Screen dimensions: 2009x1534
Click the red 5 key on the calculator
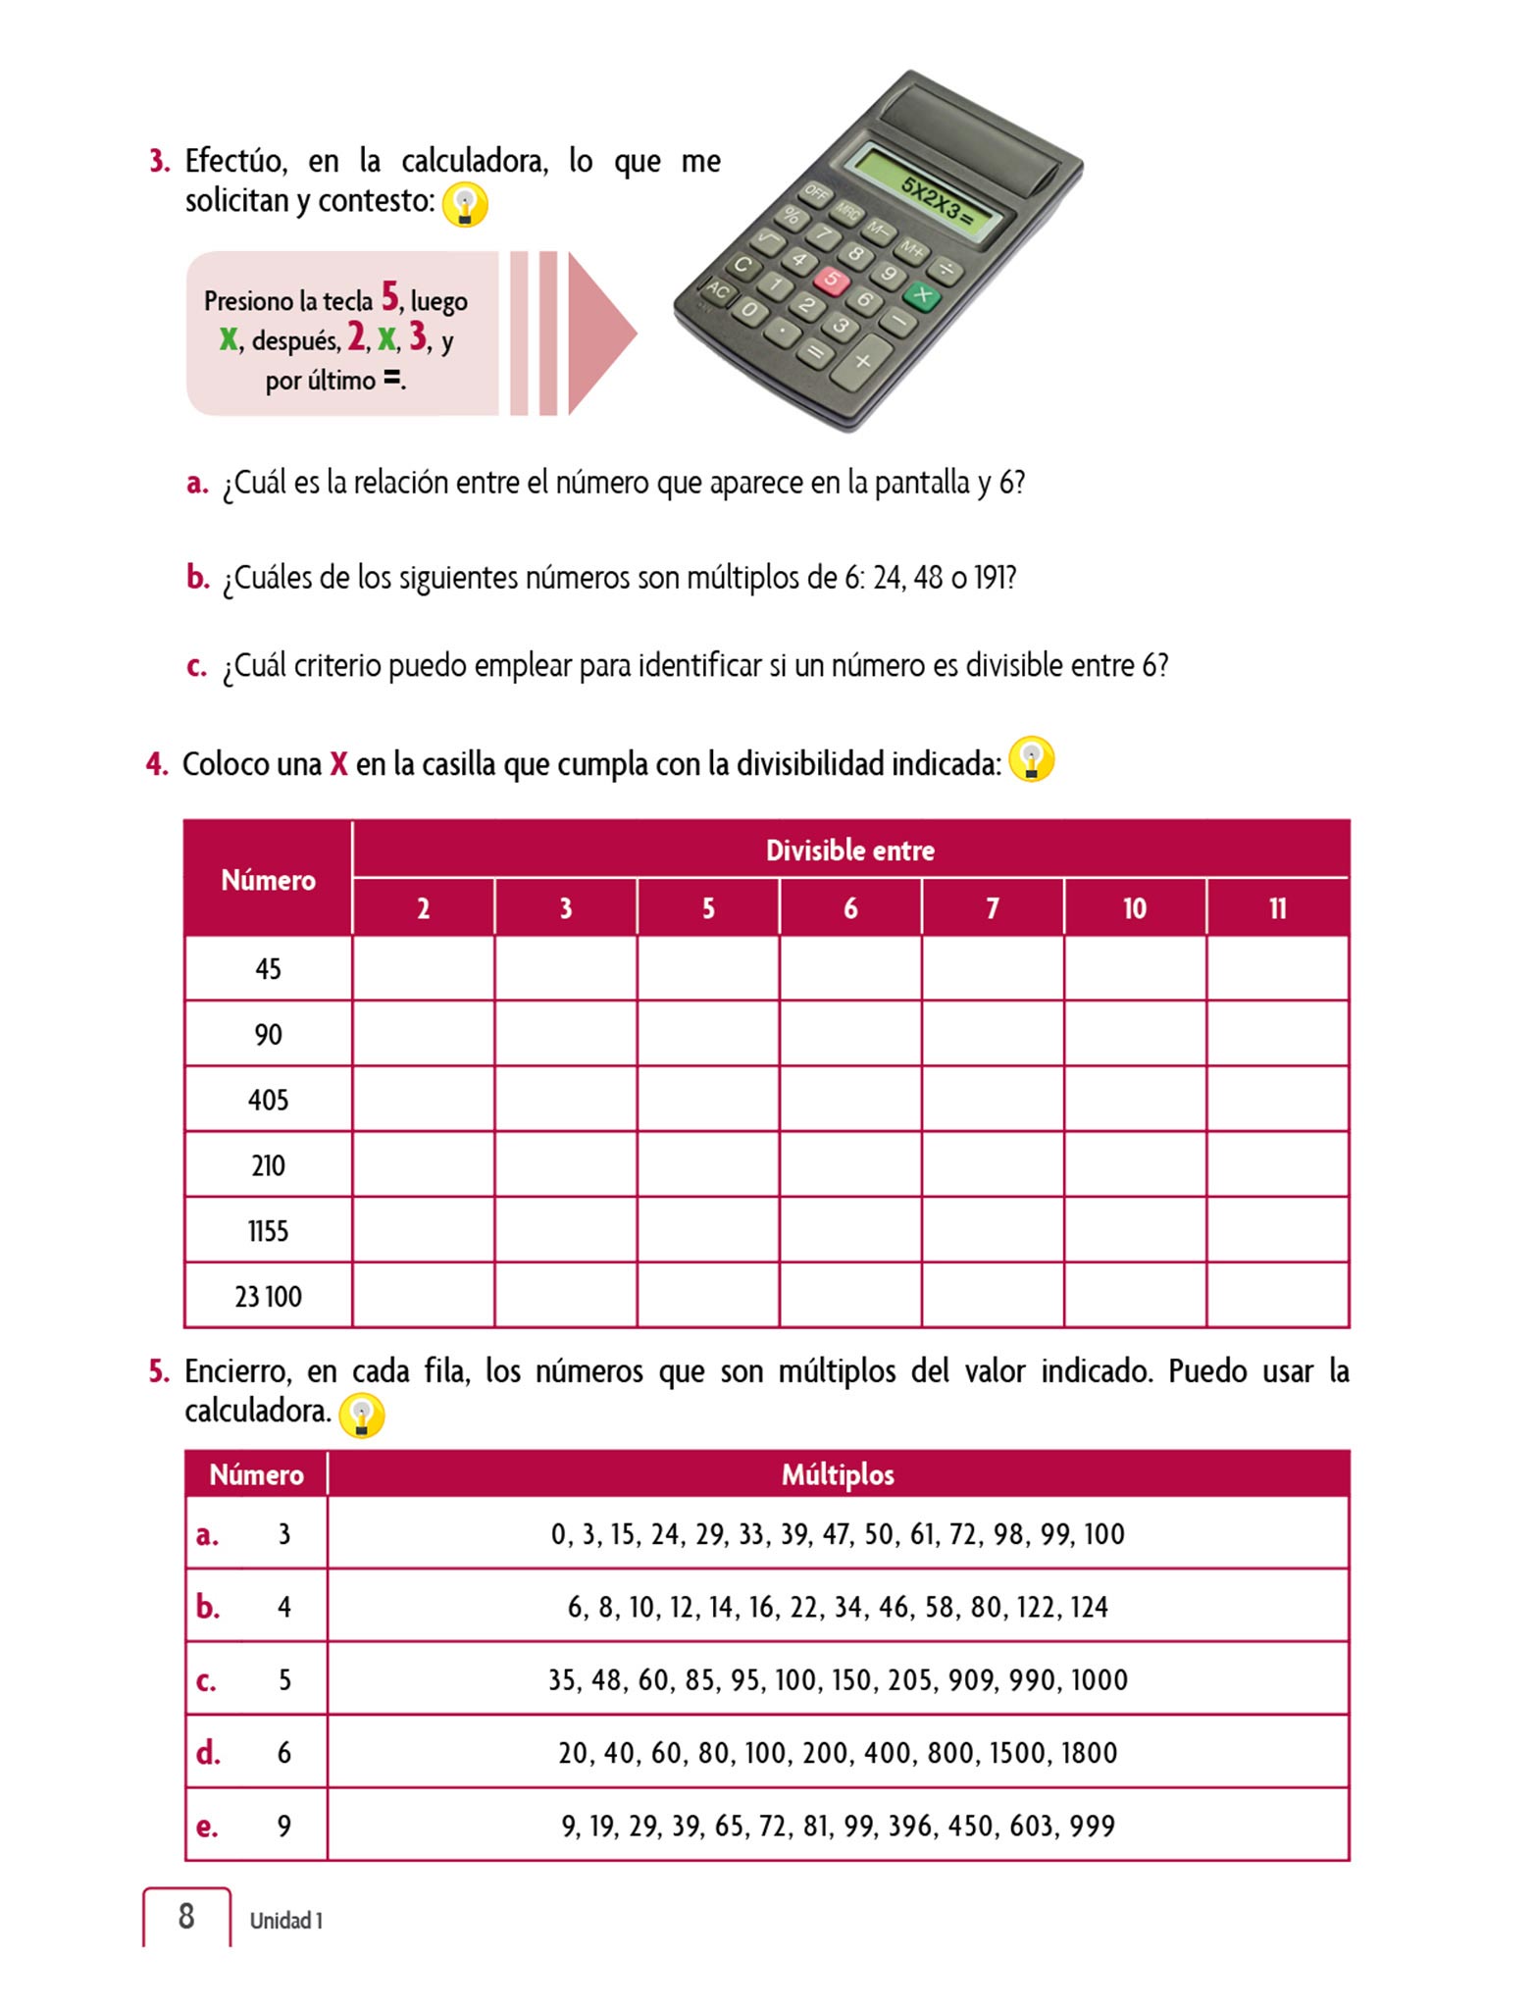click(x=831, y=280)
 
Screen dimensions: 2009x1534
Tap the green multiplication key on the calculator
click(x=921, y=293)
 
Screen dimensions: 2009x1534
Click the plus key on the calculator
click(x=862, y=361)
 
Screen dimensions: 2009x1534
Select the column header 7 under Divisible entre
click(x=993, y=908)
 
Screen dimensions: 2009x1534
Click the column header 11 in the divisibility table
click(x=1277, y=908)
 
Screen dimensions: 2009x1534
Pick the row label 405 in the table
click(x=268, y=1100)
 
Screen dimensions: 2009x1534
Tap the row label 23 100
click(x=268, y=1297)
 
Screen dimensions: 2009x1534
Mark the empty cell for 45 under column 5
click(x=708, y=969)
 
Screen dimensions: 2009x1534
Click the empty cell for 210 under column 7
click(x=993, y=1165)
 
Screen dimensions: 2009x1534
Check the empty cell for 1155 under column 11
click(x=1277, y=1230)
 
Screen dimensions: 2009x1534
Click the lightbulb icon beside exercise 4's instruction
click(x=1031, y=760)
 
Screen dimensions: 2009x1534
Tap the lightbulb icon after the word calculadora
click(x=361, y=1416)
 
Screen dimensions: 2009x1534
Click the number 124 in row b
click(x=1089, y=1607)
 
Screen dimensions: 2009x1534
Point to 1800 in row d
click(x=1089, y=1753)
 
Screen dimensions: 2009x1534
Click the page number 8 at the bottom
click(x=186, y=1916)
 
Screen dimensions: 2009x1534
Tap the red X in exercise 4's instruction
click(x=338, y=764)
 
